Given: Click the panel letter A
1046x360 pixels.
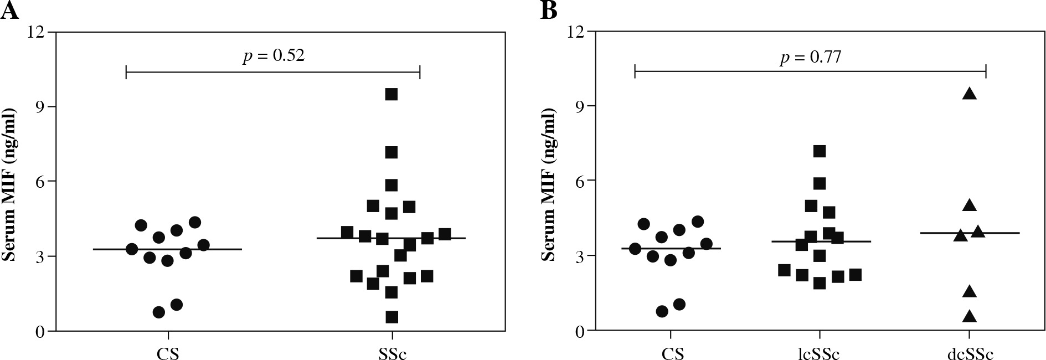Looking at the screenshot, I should point(10,11).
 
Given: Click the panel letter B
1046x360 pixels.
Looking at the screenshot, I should point(549,11).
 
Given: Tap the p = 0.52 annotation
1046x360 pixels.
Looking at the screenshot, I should point(274,56).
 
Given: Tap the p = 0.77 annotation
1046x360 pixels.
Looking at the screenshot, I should point(810,56).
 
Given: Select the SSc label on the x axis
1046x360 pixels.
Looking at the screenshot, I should point(391,353).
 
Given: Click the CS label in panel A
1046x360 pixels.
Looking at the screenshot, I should point(167,353).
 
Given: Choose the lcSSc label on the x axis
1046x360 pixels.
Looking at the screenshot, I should point(819,353).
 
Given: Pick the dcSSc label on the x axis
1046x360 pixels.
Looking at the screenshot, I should point(969,353).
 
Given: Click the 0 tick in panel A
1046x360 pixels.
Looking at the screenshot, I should point(42,331).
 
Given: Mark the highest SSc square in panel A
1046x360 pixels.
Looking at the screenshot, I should point(391,94).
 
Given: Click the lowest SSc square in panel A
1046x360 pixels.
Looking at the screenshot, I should point(391,317).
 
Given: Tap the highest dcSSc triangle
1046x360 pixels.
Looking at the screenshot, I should point(969,94).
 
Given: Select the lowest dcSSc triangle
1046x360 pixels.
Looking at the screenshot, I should point(969,317).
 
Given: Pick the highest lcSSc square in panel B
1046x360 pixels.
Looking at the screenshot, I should point(820,151).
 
